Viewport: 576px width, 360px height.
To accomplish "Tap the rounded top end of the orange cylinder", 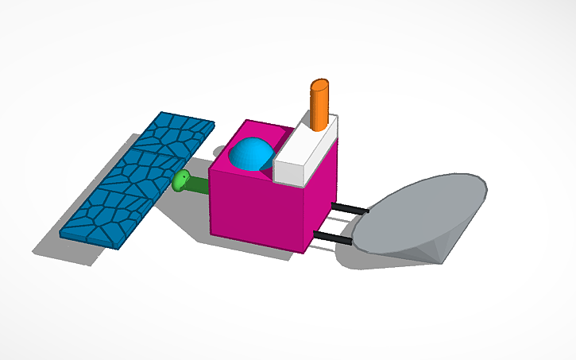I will [320, 84].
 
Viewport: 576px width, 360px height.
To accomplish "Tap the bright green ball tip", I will [180, 181].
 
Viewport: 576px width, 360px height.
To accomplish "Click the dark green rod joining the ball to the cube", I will [196, 186].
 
